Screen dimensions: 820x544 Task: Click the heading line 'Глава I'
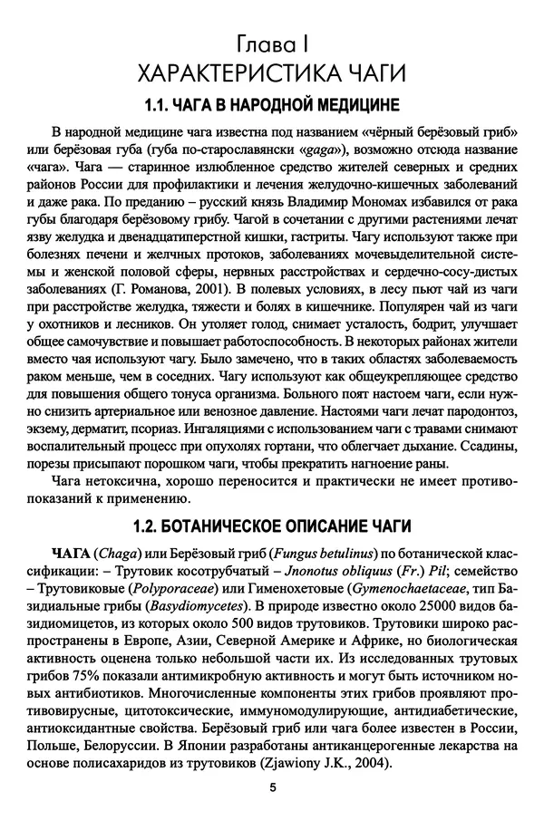271,42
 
